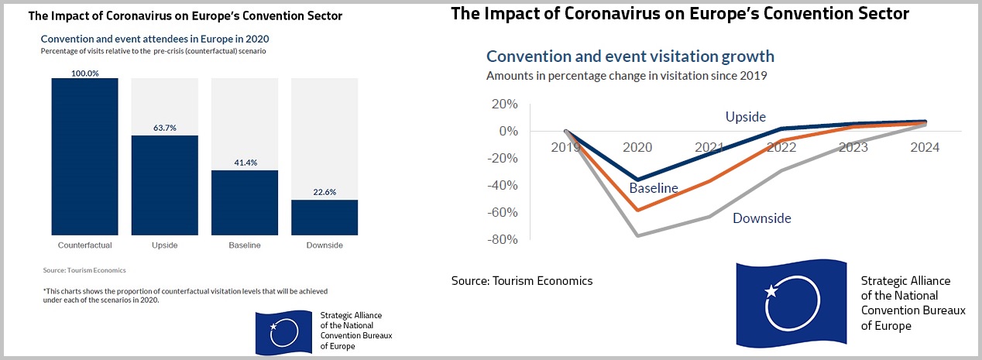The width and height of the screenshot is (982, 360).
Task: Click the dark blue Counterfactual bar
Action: coord(84,156)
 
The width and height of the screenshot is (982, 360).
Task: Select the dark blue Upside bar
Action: coord(164,185)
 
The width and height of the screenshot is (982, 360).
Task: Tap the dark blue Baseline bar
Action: coord(244,202)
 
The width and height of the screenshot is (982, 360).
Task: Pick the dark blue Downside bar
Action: coord(324,217)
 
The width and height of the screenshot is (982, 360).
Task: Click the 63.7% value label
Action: coord(164,128)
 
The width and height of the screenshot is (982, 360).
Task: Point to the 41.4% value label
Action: coord(244,163)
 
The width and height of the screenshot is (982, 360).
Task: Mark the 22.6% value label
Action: coord(324,192)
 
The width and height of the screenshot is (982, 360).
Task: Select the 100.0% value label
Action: coord(84,73)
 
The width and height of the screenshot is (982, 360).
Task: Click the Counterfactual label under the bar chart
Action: coord(84,245)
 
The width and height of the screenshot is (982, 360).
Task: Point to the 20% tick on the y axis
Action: coord(505,105)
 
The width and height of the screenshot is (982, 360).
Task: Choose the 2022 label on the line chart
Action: coord(781,147)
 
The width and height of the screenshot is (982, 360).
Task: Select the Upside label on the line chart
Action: coord(745,117)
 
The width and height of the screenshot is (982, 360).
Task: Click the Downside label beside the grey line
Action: coord(762,218)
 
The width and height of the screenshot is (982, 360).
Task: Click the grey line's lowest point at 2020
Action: coord(637,235)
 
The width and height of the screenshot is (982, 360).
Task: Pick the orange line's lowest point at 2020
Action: coord(637,210)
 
